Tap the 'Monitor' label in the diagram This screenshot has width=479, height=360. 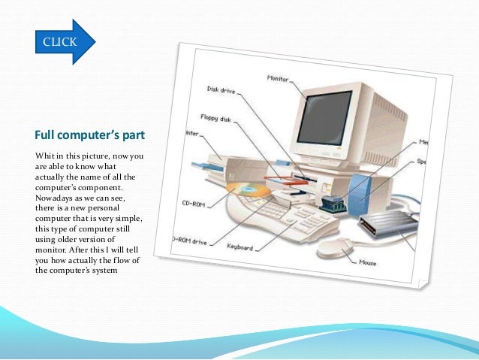pyautogui.click(x=279, y=78)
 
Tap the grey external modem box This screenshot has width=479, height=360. pyautogui.click(x=387, y=225)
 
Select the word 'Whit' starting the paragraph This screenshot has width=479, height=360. pyautogui.click(x=44, y=156)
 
